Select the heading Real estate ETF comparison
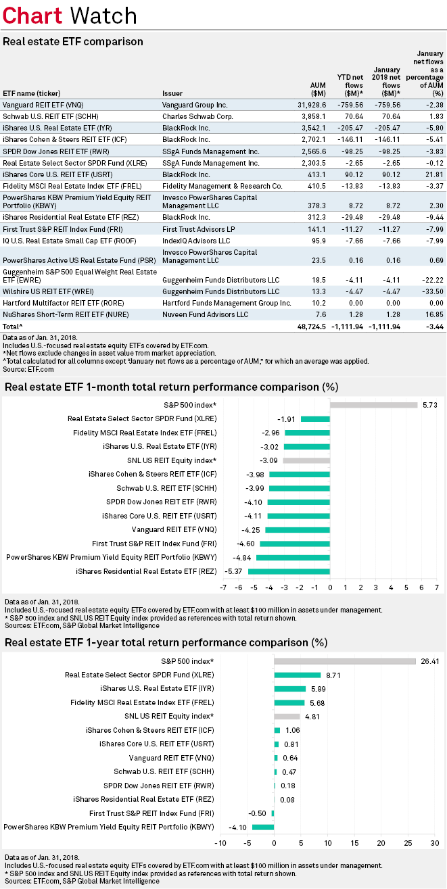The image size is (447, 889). pyautogui.click(x=73, y=42)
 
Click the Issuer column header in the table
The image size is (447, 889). pyautogui.click(x=172, y=93)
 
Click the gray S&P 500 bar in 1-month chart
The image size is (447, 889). pyautogui.click(x=373, y=405)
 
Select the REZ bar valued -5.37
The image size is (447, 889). pyautogui.click(x=289, y=571)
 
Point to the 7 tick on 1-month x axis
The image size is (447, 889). pyautogui.click(x=437, y=587)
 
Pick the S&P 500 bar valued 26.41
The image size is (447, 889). pyautogui.click(x=345, y=661)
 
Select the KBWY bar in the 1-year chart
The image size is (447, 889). pyautogui.click(x=263, y=827)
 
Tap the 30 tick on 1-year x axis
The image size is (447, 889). pyautogui.click(x=435, y=844)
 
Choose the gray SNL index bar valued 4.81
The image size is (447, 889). pyautogui.click(x=287, y=716)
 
